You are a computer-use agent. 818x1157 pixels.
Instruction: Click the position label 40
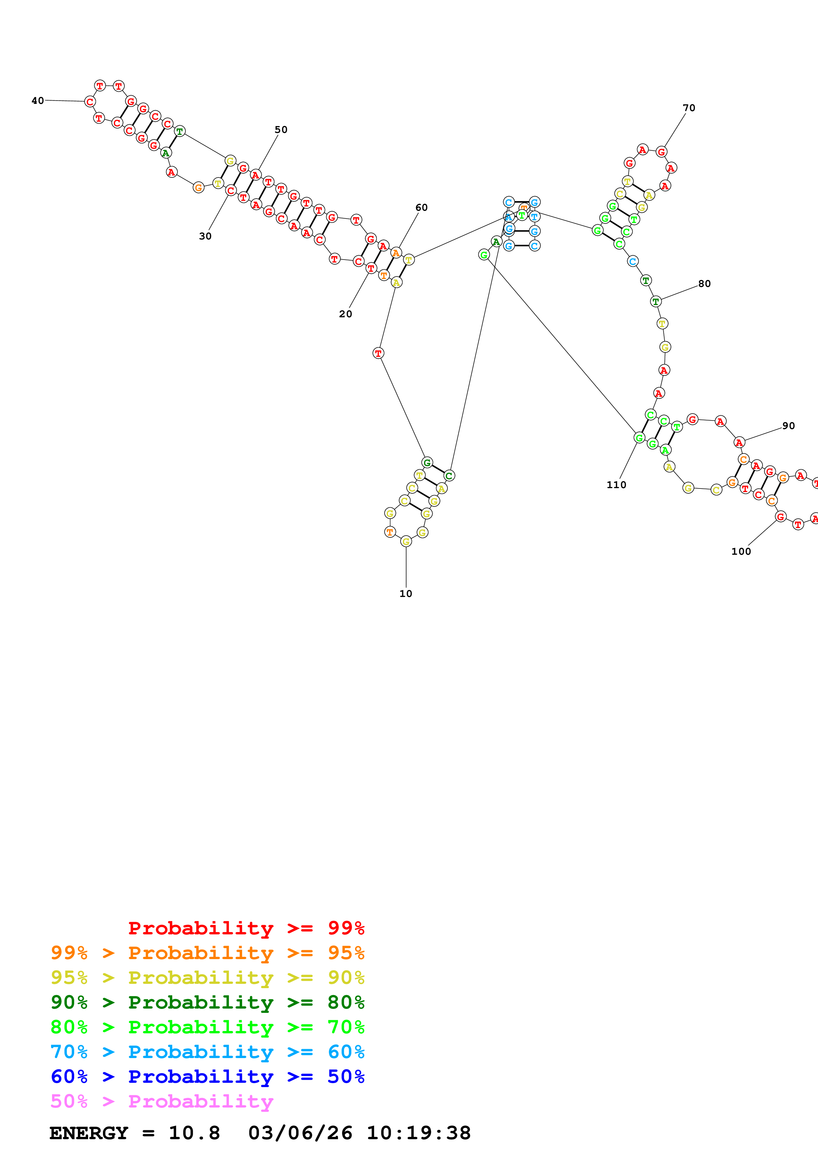point(38,101)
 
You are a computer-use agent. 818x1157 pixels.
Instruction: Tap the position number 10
point(406,594)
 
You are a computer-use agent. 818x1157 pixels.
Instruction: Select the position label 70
point(689,108)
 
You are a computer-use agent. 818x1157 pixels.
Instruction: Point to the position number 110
point(616,485)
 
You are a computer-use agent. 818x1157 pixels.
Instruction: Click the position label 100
point(741,551)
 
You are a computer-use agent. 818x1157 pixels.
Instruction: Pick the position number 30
point(205,236)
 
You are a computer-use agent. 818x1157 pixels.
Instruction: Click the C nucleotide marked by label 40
point(90,102)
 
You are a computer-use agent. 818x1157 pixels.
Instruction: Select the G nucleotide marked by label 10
point(406,542)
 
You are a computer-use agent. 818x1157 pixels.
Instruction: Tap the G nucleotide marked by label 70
point(661,152)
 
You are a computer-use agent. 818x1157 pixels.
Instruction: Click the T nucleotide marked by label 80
point(656,301)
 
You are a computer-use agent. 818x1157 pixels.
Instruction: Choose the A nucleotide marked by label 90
point(739,442)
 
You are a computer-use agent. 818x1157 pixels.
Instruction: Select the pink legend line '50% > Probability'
point(162,1102)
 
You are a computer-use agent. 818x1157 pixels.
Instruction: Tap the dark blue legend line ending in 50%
point(207,1077)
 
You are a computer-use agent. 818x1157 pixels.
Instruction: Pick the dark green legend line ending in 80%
point(207,1003)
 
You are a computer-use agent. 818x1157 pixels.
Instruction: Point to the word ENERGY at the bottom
point(89,1133)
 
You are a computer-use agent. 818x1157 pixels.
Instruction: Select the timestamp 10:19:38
point(418,1133)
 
